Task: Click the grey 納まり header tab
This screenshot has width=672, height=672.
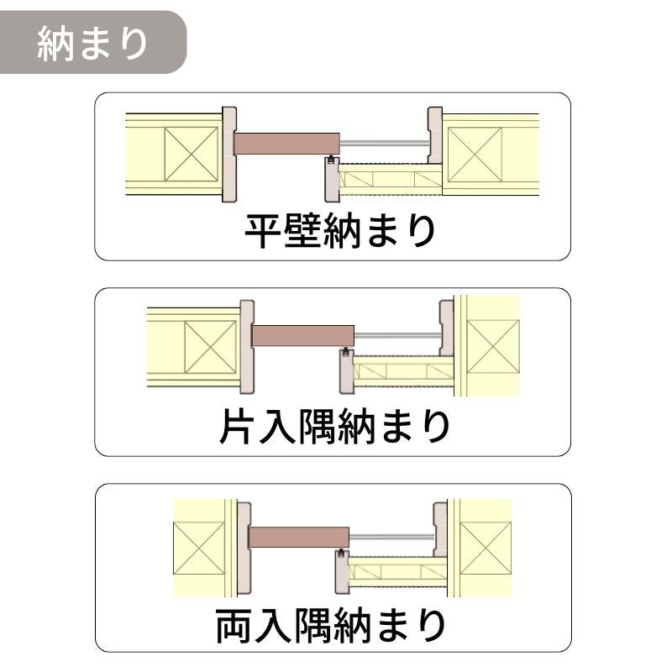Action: point(93,43)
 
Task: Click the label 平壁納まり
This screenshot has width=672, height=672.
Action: point(340,232)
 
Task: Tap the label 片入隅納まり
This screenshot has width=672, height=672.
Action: point(334,427)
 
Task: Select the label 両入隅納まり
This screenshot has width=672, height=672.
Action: point(330,625)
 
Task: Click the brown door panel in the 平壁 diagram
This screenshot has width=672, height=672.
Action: point(286,144)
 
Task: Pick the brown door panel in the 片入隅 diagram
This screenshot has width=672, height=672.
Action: point(303,337)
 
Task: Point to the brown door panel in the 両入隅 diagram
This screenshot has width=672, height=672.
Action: point(299,537)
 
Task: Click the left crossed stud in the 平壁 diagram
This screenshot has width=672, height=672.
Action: point(192,154)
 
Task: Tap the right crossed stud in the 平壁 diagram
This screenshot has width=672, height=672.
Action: point(475,155)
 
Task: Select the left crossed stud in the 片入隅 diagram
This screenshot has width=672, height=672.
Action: point(211,347)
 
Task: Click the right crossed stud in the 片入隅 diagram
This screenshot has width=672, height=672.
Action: point(493,346)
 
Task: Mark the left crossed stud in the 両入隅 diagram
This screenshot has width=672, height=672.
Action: point(199,548)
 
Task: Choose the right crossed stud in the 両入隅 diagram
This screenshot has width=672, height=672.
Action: point(486,549)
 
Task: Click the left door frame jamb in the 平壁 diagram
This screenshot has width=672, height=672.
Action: point(229,155)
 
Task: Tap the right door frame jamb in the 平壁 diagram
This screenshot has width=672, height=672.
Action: point(435,135)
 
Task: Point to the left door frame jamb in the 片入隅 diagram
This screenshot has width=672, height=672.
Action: point(247,347)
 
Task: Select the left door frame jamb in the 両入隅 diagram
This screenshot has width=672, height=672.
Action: point(244,549)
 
